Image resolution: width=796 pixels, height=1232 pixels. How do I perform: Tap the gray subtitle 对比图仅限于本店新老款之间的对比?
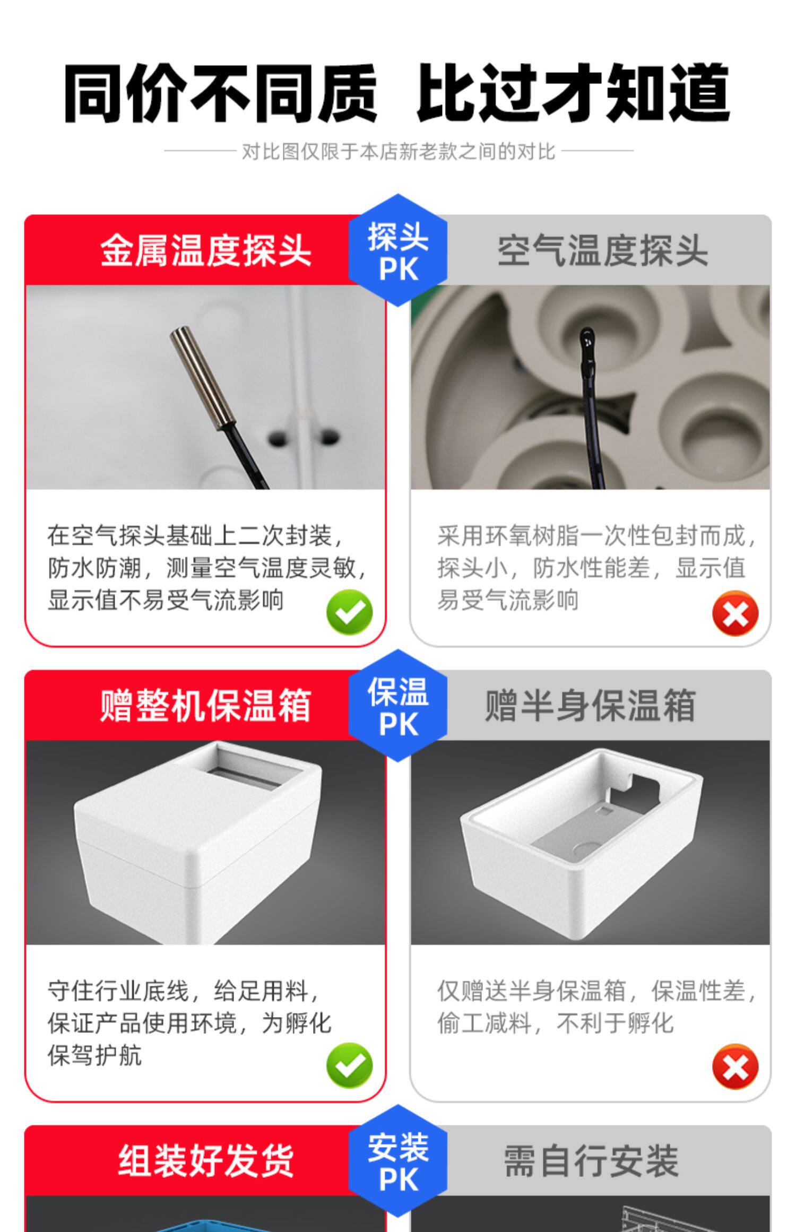click(399, 152)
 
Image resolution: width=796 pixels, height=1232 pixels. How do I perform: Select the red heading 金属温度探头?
click(205, 250)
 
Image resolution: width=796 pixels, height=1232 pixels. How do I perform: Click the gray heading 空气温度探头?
click(602, 250)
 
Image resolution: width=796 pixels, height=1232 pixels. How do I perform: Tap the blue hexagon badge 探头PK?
click(398, 250)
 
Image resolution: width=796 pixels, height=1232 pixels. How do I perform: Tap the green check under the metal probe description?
click(349, 612)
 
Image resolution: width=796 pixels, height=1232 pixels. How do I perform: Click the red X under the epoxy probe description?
click(736, 613)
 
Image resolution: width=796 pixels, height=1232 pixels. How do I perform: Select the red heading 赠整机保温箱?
click(205, 705)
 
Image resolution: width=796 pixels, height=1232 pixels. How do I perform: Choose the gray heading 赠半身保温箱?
click(590, 705)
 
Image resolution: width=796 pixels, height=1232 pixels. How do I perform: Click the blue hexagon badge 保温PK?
click(398, 706)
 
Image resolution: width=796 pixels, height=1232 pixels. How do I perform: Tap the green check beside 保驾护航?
click(349, 1065)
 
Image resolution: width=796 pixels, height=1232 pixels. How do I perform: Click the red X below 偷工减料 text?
click(736, 1066)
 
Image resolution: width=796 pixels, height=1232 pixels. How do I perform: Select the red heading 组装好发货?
click(205, 1160)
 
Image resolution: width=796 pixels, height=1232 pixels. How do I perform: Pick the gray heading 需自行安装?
click(591, 1160)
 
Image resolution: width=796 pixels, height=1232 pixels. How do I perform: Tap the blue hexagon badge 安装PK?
click(398, 1161)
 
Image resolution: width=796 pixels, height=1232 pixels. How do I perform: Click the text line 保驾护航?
click(95, 1055)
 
